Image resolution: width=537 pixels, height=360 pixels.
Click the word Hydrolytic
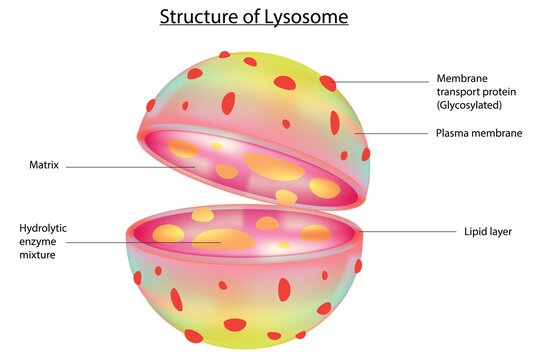[45, 227]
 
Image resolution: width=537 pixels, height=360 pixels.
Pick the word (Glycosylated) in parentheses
[470, 105]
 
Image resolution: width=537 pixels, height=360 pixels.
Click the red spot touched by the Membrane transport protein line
[328, 83]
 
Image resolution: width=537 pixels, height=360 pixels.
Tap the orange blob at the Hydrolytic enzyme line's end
[221, 239]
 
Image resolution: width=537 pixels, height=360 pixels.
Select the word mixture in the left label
[41, 255]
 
